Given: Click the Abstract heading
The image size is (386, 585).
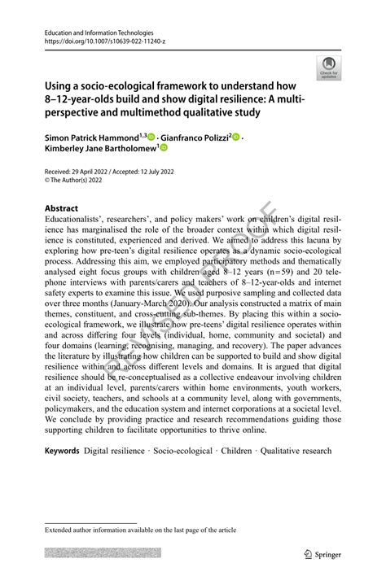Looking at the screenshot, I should pos(62,208).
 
